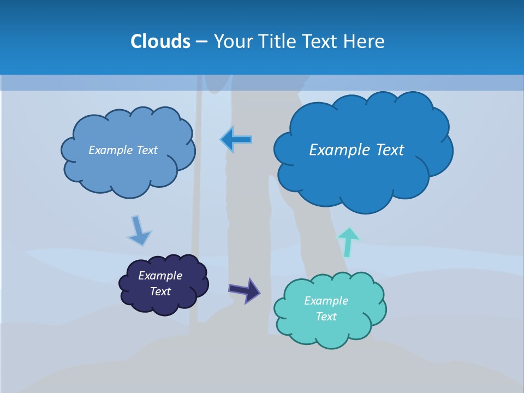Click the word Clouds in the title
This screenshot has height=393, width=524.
click(x=160, y=41)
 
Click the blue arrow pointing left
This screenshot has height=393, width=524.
click(x=236, y=140)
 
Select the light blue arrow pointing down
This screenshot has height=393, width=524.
click(x=138, y=231)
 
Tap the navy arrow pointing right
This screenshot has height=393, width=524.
click(x=245, y=290)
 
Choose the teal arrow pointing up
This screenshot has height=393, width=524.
click(x=348, y=242)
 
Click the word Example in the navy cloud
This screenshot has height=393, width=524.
click(x=160, y=276)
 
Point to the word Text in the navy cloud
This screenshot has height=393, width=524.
click(x=160, y=291)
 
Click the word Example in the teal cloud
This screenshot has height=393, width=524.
click(x=326, y=301)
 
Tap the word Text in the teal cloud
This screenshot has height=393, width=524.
click(x=326, y=317)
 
